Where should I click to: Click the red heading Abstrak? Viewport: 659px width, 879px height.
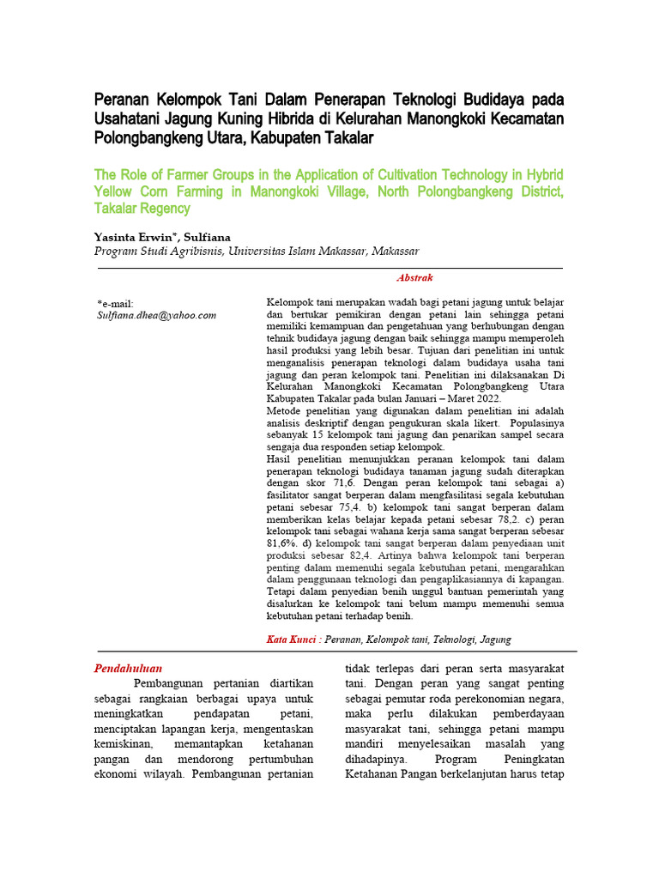click(414, 278)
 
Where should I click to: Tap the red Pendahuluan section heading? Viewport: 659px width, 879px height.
click(128, 668)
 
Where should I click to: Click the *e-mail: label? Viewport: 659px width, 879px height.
click(116, 304)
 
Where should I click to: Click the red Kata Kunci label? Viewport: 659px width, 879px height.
click(290, 639)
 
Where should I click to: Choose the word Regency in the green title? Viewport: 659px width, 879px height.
click(166, 209)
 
